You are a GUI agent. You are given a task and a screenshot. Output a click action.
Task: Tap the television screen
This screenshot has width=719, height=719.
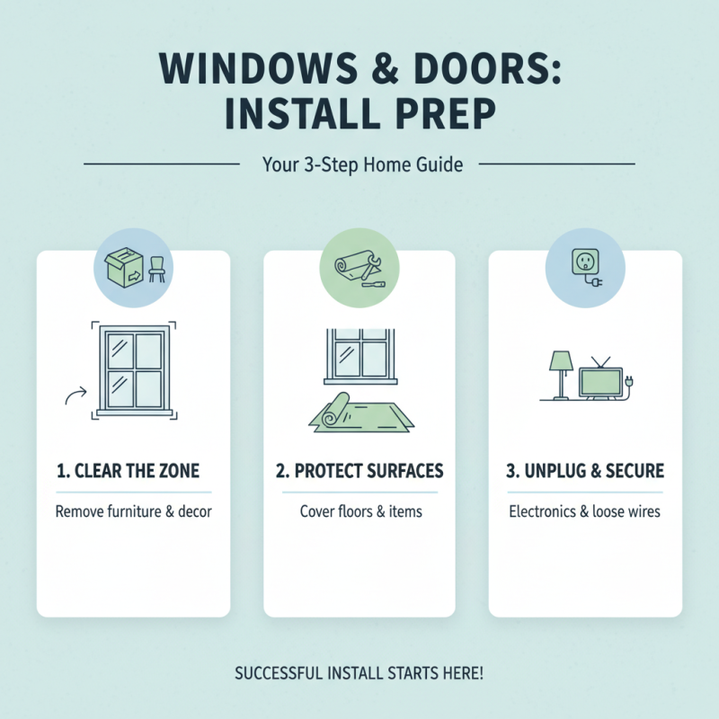tap(600, 381)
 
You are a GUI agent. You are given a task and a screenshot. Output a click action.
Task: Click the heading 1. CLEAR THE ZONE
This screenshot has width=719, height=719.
tap(133, 472)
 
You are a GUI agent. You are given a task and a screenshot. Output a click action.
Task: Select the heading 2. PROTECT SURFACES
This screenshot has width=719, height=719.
tap(359, 472)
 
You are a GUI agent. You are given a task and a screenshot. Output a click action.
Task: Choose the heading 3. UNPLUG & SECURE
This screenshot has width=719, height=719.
tap(585, 472)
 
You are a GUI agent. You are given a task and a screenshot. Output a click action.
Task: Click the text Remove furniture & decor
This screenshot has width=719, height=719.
tap(133, 512)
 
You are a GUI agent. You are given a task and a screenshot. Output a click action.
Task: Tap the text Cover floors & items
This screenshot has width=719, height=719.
tap(359, 512)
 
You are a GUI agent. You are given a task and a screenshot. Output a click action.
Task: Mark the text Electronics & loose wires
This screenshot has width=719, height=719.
tap(585, 512)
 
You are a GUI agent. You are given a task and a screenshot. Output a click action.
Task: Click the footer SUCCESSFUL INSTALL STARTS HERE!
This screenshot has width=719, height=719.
tap(359, 673)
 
